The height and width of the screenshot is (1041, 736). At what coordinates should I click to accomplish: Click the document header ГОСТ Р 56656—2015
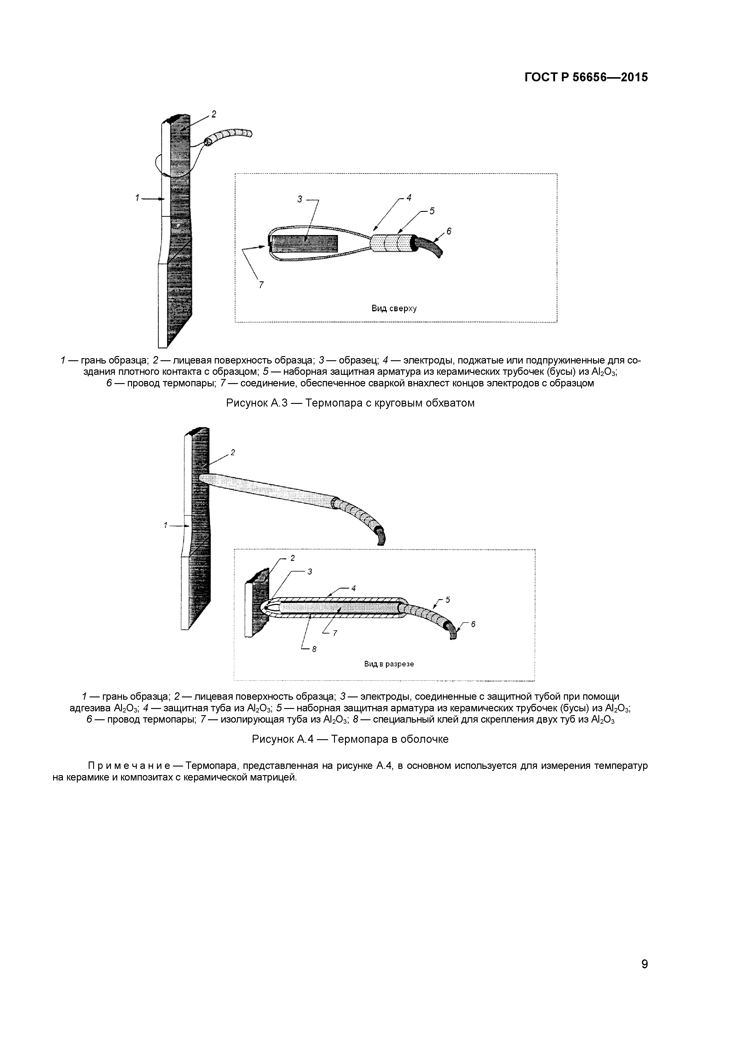coord(586,77)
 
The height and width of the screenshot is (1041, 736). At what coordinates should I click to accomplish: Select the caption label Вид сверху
coord(394,309)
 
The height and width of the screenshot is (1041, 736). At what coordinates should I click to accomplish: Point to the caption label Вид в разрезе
coord(389,664)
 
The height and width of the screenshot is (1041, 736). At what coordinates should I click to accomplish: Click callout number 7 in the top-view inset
coord(261,285)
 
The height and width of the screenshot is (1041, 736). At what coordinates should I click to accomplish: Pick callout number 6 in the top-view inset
coord(449,231)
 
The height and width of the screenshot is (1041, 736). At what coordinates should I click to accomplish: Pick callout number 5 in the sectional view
coord(448,600)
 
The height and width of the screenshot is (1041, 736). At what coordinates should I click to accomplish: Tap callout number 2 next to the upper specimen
coord(214,114)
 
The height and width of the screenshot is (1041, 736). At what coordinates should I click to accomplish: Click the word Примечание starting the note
coord(129,766)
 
